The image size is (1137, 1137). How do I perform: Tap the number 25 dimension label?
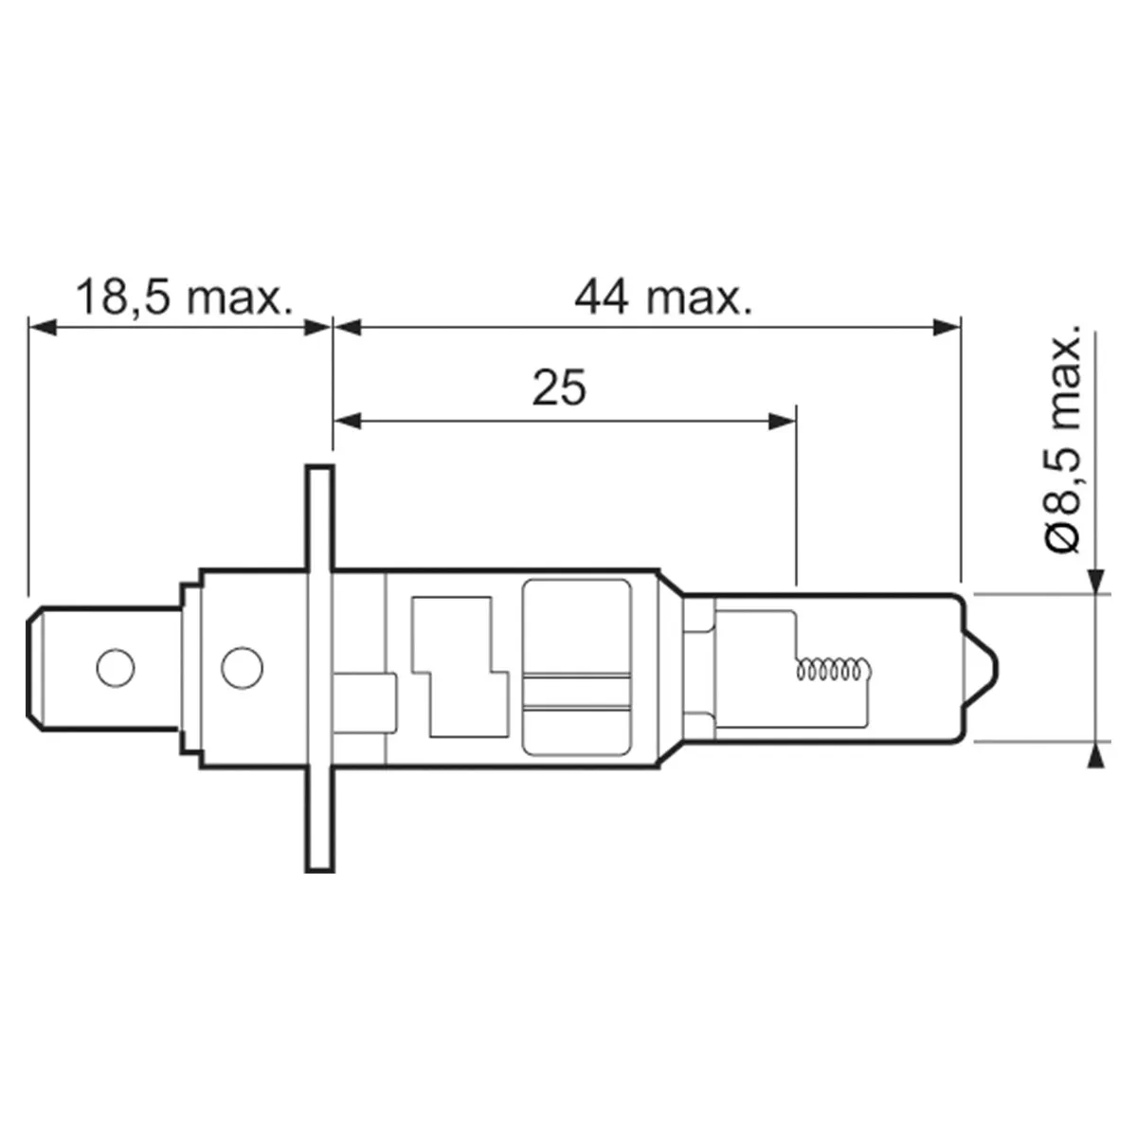[559, 388]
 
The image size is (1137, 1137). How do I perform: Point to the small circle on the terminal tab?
[116, 668]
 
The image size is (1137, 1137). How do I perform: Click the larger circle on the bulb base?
[242, 667]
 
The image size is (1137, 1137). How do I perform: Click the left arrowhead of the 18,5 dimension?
[43, 327]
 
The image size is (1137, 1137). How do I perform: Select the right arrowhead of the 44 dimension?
[947, 327]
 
